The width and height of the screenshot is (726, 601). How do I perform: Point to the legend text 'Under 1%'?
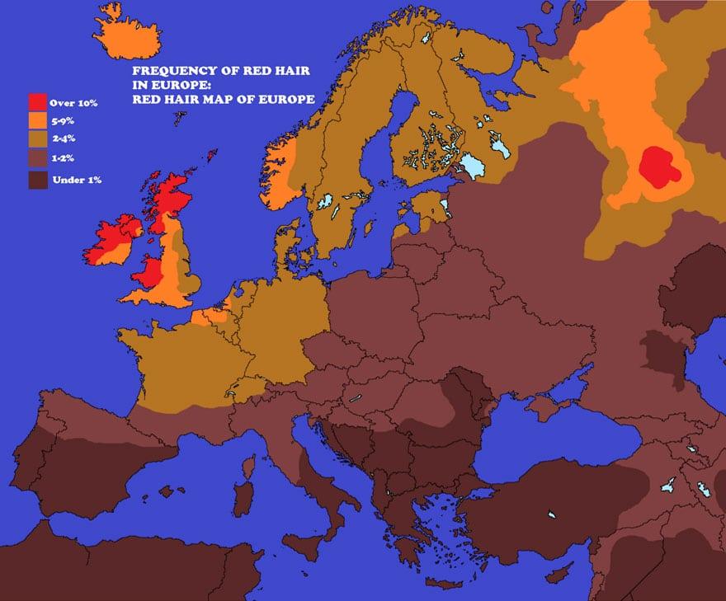[x=76, y=179]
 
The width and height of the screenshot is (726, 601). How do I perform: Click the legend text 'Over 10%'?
[x=75, y=103]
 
